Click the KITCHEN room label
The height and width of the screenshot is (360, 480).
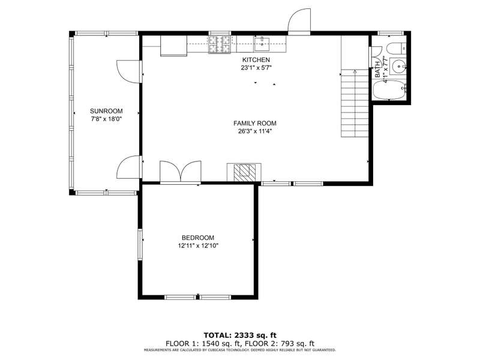pos(256,59)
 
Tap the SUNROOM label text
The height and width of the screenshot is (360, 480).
pos(106,111)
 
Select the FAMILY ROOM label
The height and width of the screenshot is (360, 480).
pos(254,124)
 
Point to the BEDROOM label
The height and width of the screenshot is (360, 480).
pos(198,238)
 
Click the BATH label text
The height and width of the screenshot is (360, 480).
pos(377,70)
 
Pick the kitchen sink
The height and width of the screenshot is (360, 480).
pos(262,44)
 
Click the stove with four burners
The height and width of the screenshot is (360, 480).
pos(220,44)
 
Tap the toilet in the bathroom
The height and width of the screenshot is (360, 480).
pos(396,49)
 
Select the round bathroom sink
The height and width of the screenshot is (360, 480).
pos(399,65)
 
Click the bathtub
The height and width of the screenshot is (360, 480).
pos(388,90)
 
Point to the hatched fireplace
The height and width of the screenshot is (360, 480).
pos(244,172)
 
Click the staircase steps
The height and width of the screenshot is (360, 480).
pos(355,103)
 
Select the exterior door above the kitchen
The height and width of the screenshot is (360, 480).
pos(299,20)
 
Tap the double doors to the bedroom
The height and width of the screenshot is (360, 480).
pos(181,172)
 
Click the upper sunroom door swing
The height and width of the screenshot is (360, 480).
pos(128,71)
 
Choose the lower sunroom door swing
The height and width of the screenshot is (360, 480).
pos(128,167)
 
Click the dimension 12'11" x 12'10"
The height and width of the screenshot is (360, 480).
pos(198,245)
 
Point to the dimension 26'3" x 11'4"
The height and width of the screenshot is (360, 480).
pos(255,131)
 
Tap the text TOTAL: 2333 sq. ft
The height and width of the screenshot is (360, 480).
pos(240,335)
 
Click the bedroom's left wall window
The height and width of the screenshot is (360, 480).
pos(140,245)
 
